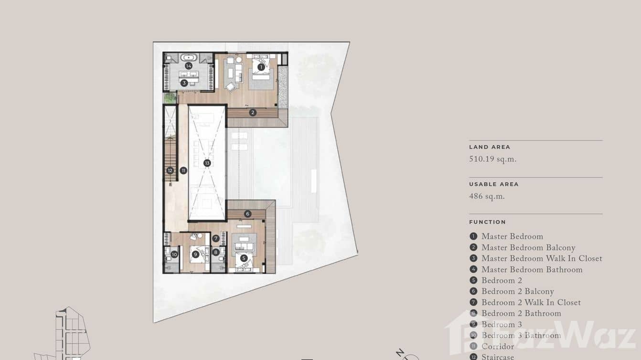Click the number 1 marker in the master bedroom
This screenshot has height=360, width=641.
tap(261, 67)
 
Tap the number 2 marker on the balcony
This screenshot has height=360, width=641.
tap(253, 113)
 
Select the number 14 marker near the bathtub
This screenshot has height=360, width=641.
tap(189, 65)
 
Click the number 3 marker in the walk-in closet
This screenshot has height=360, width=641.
tap(184, 83)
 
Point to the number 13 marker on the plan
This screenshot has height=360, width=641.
tap(207, 163)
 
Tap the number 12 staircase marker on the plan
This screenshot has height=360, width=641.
tap(170, 170)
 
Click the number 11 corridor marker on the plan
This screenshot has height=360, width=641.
tap(183, 170)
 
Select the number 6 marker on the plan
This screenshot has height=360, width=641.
tap(247, 214)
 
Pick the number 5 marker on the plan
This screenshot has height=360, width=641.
tap(244, 258)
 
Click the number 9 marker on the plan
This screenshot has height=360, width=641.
tap(195, 254)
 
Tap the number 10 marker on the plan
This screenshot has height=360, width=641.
tap(174, 254)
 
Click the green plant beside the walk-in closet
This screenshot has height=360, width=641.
tap(170, 97)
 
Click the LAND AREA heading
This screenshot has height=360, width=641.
tap(490, 147)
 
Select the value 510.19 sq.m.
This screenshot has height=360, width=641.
tap(492, 159)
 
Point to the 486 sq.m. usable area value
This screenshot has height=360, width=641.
tap(487, 196)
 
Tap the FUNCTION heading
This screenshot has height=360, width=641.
tap(487, 222)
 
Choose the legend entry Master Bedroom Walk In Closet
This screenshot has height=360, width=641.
tap(542, 258)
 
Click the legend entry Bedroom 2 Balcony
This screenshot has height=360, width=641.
tap(517, 291)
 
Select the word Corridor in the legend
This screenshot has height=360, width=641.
tap(498, 346)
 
